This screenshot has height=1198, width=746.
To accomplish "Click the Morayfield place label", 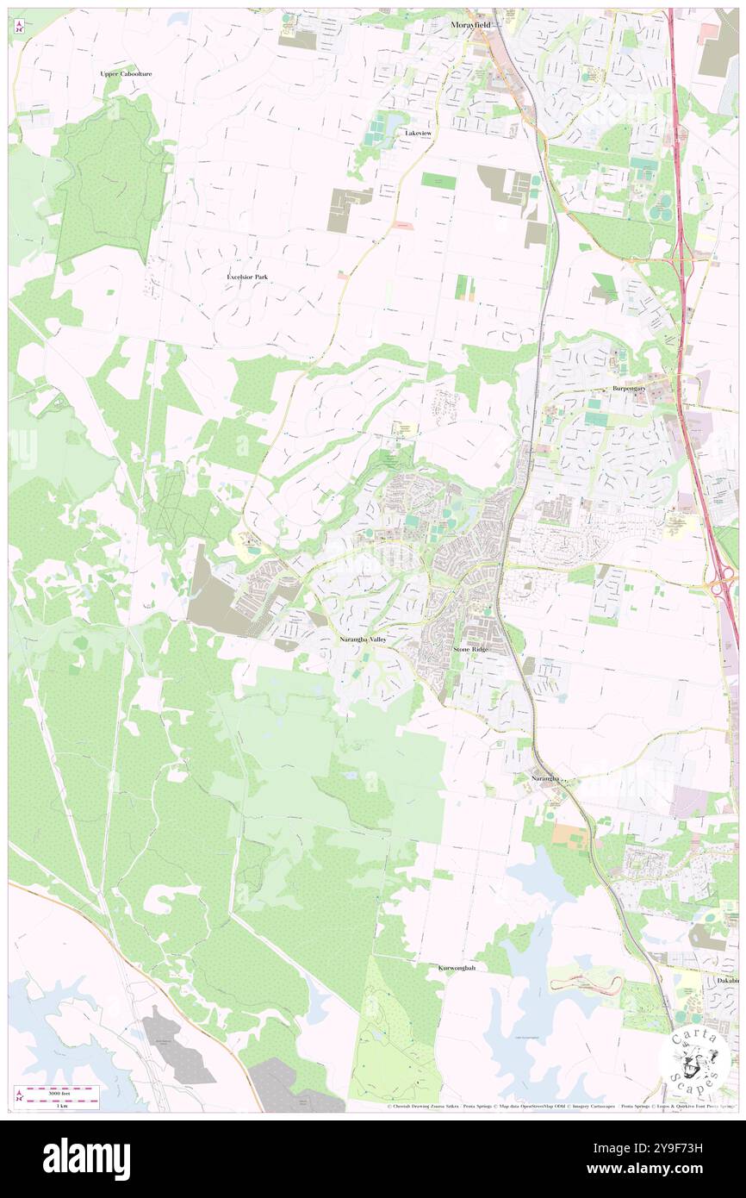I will click(469, 25).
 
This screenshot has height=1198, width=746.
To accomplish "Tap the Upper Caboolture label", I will click(126, 74).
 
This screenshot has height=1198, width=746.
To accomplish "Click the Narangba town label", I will click(545, 777).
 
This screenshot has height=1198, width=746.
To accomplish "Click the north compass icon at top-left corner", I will click(18, 27).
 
